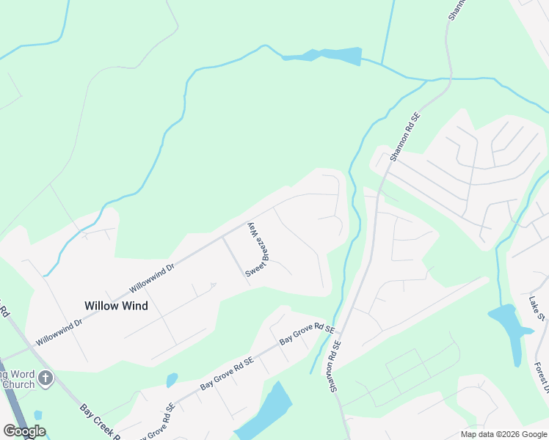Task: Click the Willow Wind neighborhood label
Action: pyautogui.click(x=116, y=306)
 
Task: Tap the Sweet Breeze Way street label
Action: pyautogui.click(x=254, y=249)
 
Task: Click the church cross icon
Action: pyautogui.click(x=46, y=378)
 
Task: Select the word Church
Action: pyautogui.click(x=18, y=384)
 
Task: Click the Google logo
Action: pyautogui.click(x=24, y=431)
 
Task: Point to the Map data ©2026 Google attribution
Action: pyautogui.click(x=503, y=434)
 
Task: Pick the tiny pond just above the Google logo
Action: pyautogui.click(x=37, y=415)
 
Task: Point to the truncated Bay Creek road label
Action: pyautogui.click(x=100, y=426)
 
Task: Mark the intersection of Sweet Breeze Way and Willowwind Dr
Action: pyautogui.click(x=223, y=238)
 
